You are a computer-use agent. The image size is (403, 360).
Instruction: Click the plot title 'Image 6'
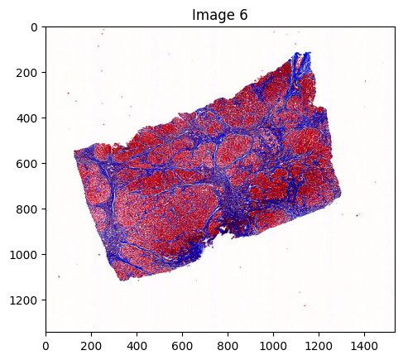click(x=220, y=14)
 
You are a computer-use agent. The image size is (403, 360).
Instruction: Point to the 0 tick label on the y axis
click(x=34, y=27)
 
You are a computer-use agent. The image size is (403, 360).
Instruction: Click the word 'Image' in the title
click(x=213, y=14)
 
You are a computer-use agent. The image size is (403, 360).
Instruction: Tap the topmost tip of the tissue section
click(x=306, y=53)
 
